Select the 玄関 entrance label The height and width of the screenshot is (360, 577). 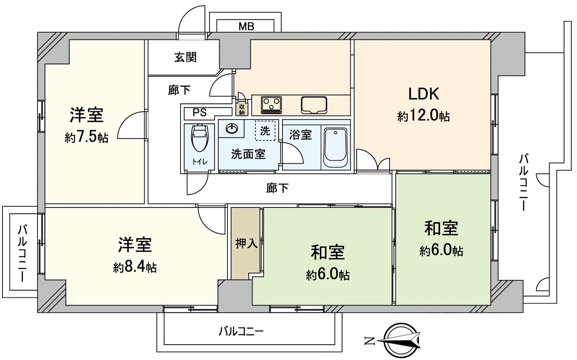pyautogui.click(x=185, y=57)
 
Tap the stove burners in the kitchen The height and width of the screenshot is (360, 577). pyautogui.click(x=271, y=104)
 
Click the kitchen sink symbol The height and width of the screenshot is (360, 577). pyautogui.click(x=315, y=105)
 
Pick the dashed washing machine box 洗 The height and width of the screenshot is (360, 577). pyautogui.click(x=265, y=131)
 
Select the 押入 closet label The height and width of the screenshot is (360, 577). pyautogui.click(x=246, y=243)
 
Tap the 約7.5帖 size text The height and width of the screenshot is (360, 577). pyautogui.click(x=87, y=137)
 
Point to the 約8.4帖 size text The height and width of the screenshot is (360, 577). pyautogui.click(x=135, y=267)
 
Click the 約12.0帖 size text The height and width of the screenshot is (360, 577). pyautogui.click(x=423, y=116)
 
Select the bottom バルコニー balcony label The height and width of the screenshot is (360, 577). pyautogui.click(x=241, y=332)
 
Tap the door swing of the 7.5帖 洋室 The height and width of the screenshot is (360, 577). pyautogui.click(x=132, y=126)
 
